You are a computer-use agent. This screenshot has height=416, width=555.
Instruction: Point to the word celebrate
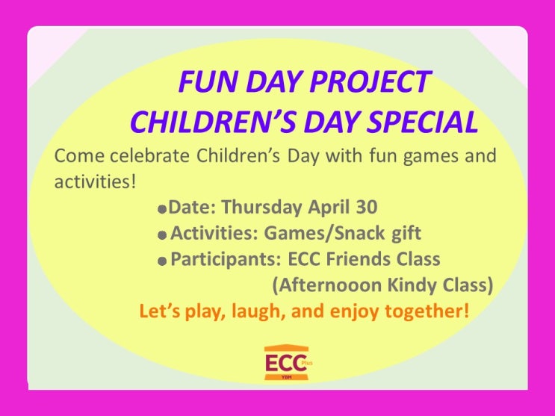(x=149, y=156)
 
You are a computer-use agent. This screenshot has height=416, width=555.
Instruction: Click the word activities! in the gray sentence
(x=95, y=181)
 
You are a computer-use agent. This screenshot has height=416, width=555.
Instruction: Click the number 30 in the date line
(x=367, y=207)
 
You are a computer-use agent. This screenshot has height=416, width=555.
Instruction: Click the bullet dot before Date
(x=162, y=209)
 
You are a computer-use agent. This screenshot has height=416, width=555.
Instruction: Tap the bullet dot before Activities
(x=162, y=235)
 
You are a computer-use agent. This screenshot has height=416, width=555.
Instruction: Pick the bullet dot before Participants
(x=162, y=261)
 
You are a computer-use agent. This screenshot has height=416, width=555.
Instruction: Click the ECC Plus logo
(x=288, y=363)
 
